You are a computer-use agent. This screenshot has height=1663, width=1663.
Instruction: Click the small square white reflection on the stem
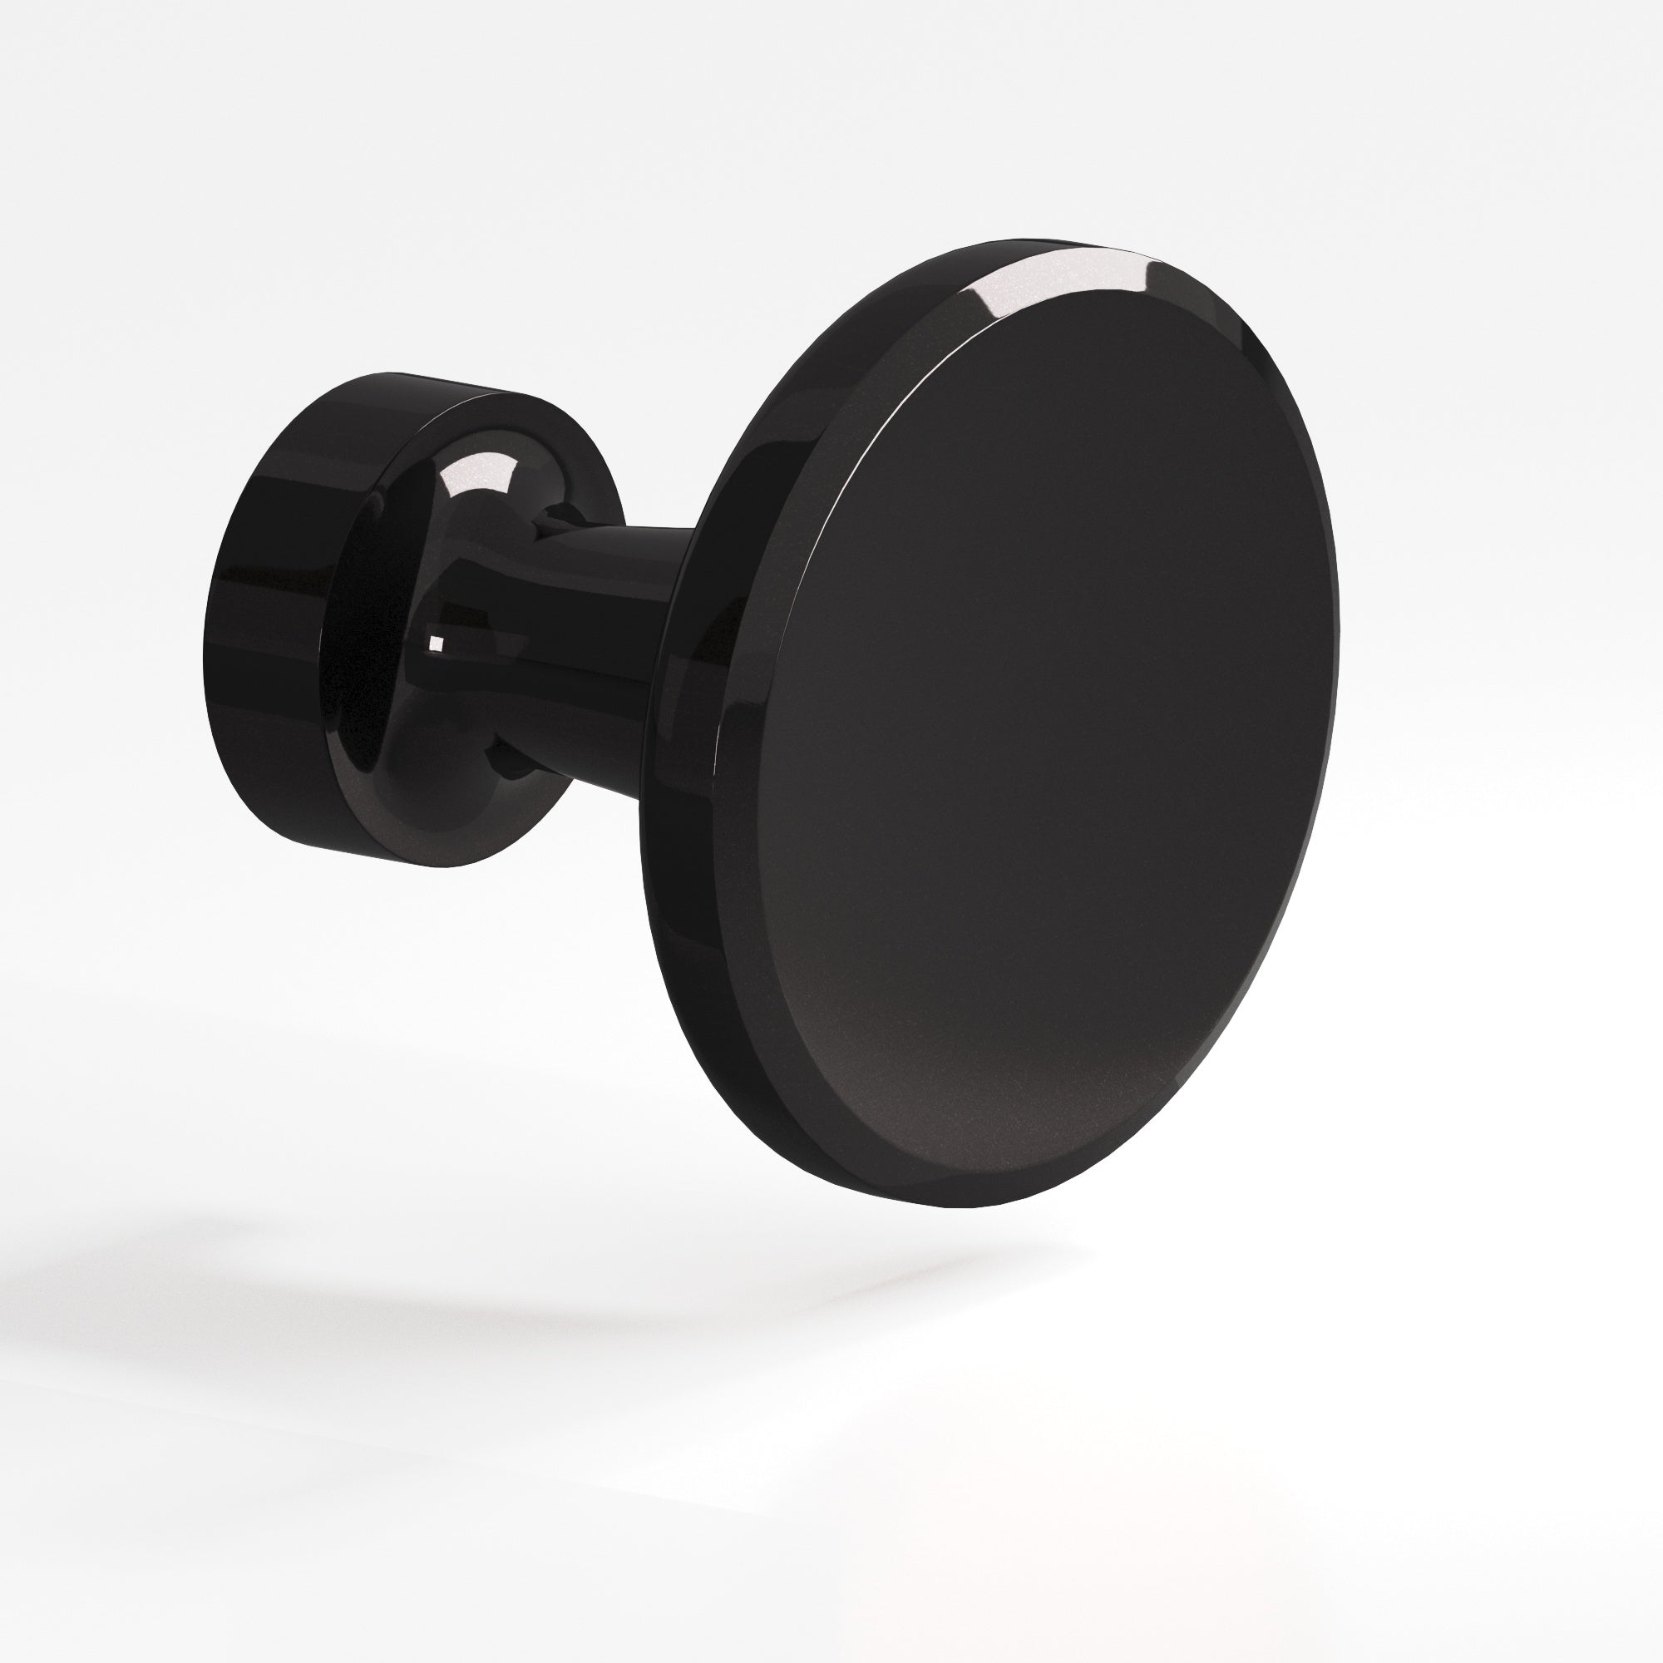click(436, 642)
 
